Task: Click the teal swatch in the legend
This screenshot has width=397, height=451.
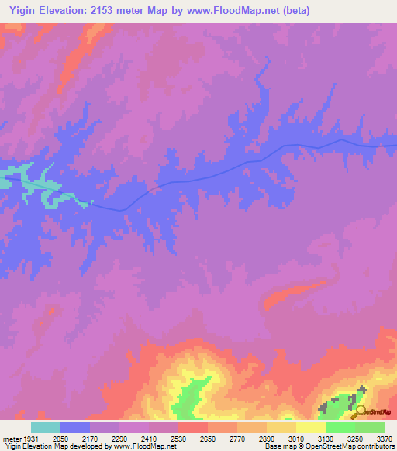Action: (x=46, y=427)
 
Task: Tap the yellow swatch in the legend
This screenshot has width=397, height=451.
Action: (x=310, y=427)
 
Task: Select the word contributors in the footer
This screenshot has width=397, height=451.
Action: (x=375, y=446)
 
